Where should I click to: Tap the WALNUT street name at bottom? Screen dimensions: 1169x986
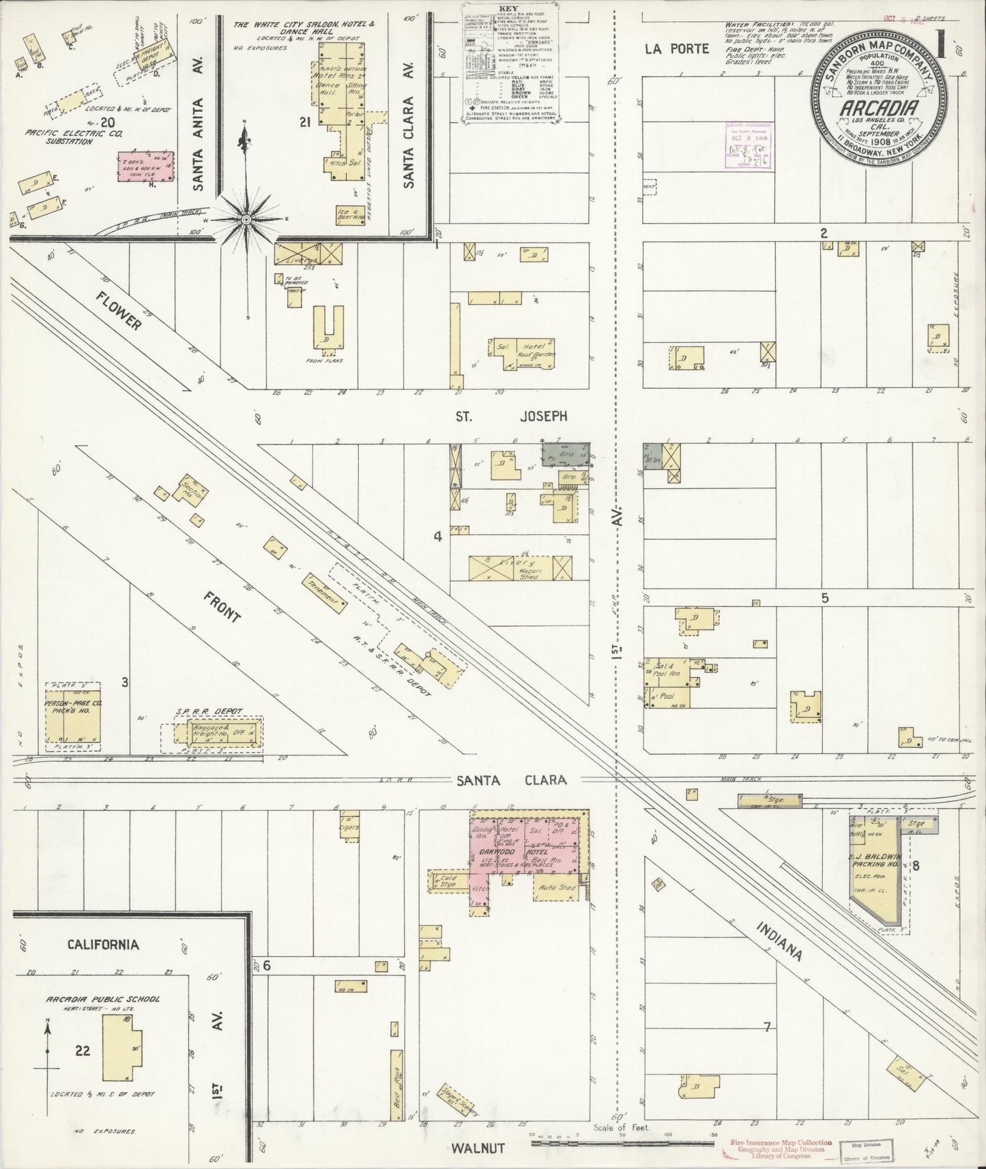tap(478, 1149)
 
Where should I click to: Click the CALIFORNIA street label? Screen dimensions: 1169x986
tap(103, 945)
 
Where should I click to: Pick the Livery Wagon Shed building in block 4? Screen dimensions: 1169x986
tap(519, 567)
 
